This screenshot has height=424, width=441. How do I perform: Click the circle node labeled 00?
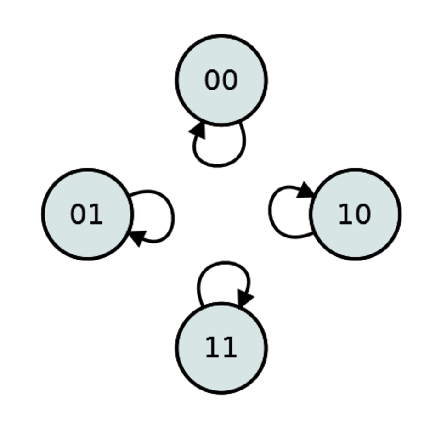pos(221,80)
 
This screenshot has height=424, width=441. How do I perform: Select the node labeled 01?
pos(87,214)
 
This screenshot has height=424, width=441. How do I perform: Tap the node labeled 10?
pos(355,214)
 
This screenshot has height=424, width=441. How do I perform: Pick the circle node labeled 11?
pos(221,348)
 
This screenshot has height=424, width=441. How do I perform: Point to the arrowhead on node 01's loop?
pos(137,238)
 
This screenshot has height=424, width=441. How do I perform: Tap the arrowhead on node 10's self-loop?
pos(305,190)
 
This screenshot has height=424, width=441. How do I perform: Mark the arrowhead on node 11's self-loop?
pos(245,298)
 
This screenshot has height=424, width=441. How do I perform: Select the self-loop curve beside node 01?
pos(173,216)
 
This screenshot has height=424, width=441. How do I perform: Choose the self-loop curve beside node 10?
pos(270,211)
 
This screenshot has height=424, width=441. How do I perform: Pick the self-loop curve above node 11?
pos(224,263)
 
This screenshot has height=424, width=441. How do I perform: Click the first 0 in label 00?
pos(213,80)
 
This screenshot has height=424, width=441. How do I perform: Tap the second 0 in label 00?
pos(230,80)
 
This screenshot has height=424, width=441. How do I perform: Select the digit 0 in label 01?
pos(78,214)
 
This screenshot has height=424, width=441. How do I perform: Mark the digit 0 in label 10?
pos(363,214)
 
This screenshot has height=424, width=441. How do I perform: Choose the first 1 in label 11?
pos(213,348)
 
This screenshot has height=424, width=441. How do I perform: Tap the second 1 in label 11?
pos(230,348)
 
